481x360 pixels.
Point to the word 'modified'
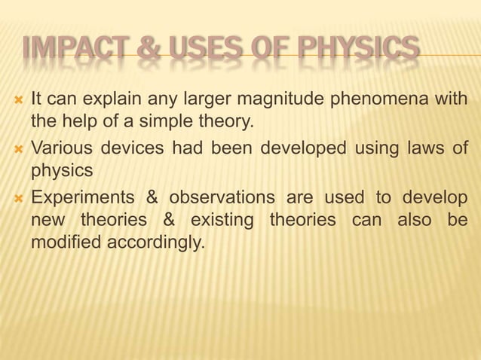tap(63, 243)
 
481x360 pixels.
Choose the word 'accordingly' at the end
tap(152, 243)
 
